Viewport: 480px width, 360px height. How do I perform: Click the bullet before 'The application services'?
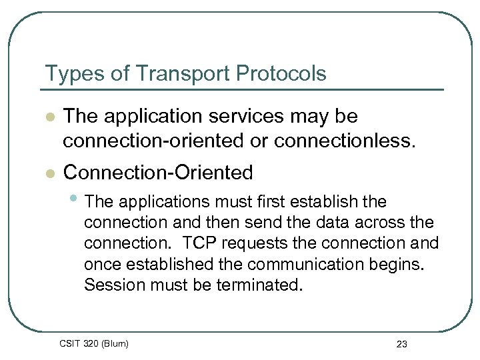point(48,117)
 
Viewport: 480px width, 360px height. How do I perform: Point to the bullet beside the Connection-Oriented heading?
point(48,173)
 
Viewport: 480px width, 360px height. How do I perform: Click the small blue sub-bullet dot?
point(75,199)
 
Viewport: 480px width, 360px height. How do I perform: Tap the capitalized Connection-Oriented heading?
point(158,173)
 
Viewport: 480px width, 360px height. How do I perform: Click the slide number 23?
point(401,344)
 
